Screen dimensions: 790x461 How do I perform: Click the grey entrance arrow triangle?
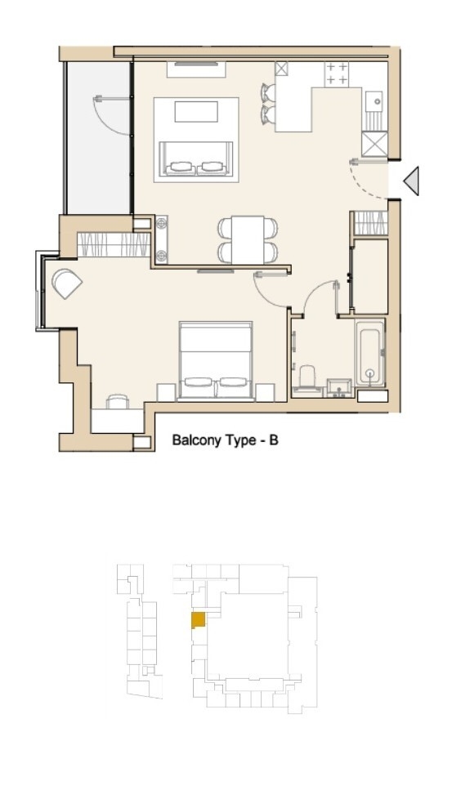tap(412, 181)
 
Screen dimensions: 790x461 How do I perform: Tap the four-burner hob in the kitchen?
tap(337, 74)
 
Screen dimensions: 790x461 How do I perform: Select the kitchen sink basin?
tap(376, 101)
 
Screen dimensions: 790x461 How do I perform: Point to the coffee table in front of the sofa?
tap(196, 111)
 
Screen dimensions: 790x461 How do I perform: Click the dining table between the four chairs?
tap(248, 239)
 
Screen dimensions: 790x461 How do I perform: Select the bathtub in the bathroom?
tap(370, 353)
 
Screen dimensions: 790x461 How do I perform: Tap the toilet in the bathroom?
tap(307, 379)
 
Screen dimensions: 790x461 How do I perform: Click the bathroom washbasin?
tap(338, 386)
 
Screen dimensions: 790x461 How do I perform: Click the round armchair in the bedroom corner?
tap(66, 283)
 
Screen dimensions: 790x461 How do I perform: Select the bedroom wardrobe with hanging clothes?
tap(114, 243)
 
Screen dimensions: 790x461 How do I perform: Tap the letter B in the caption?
tap(275, 440)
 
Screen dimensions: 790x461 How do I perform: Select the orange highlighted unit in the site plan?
tap(198, 620)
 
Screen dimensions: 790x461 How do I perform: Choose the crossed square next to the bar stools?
tap(282, 69)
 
